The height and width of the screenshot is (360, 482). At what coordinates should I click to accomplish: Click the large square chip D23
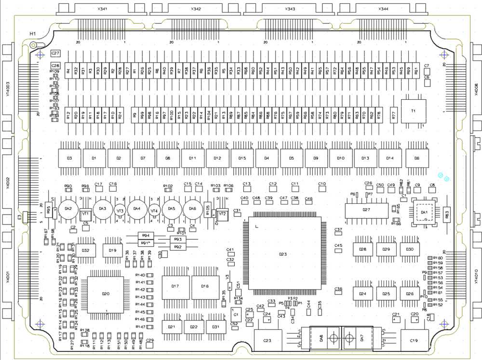(x=283, y=253)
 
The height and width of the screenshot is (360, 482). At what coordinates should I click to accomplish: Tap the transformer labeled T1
(x=413, y=111)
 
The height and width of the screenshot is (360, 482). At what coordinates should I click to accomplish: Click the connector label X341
(x=102, y=9)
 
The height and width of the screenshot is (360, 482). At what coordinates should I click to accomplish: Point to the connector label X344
(x=384, y=9)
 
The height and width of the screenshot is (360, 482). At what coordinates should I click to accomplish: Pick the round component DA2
(x=68, y=209)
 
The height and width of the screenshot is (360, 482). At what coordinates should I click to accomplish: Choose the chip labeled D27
(x=367, y=210)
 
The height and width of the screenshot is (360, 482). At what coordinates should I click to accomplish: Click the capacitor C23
(x=268, y=340)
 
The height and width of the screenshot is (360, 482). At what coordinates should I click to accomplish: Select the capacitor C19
(x=414, y=340)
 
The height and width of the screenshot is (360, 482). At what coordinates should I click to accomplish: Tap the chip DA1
(x=425, y=213)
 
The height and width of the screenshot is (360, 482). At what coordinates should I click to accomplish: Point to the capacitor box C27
(x=55, y=53)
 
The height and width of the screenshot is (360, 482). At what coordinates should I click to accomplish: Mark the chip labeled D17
(x=175, y=286)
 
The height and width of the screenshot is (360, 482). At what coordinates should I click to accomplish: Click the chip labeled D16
(x=205, y=286)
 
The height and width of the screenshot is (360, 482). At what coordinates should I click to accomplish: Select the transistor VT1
(x=85, y=213)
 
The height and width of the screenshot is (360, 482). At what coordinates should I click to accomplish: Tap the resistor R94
(x=145, y=235)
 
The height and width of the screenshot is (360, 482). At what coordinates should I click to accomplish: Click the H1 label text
(x=33, y=33)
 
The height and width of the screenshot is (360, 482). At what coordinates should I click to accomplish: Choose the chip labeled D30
(x=410, y=249)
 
